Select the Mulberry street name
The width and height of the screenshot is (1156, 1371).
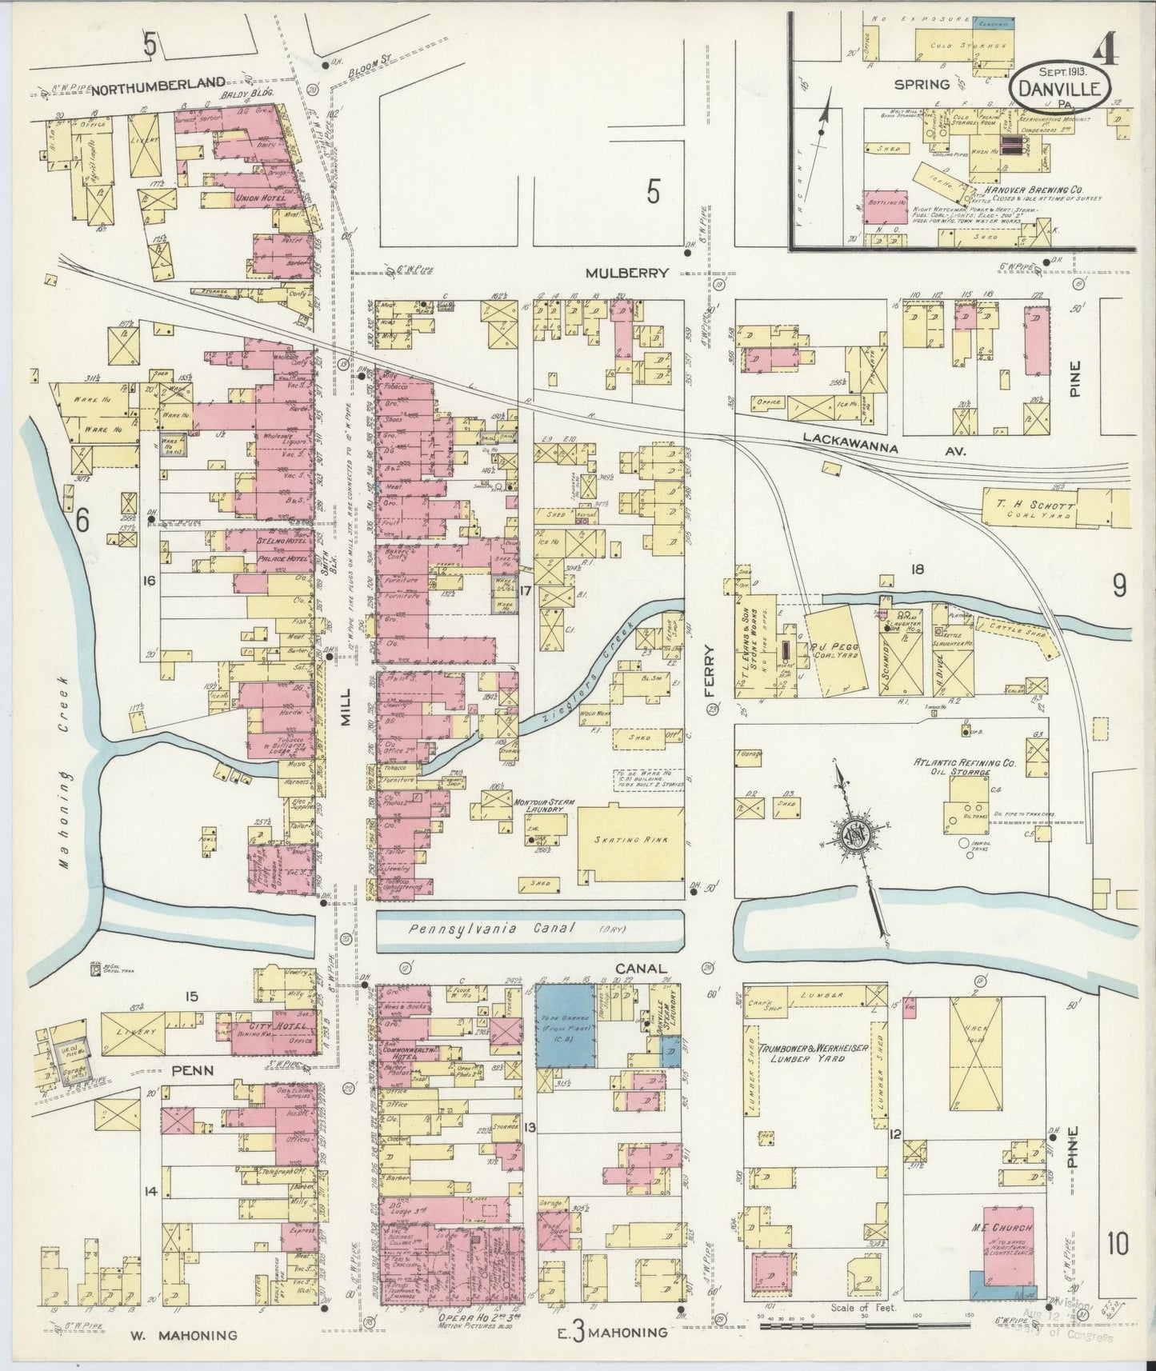click(x=626, y=273)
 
